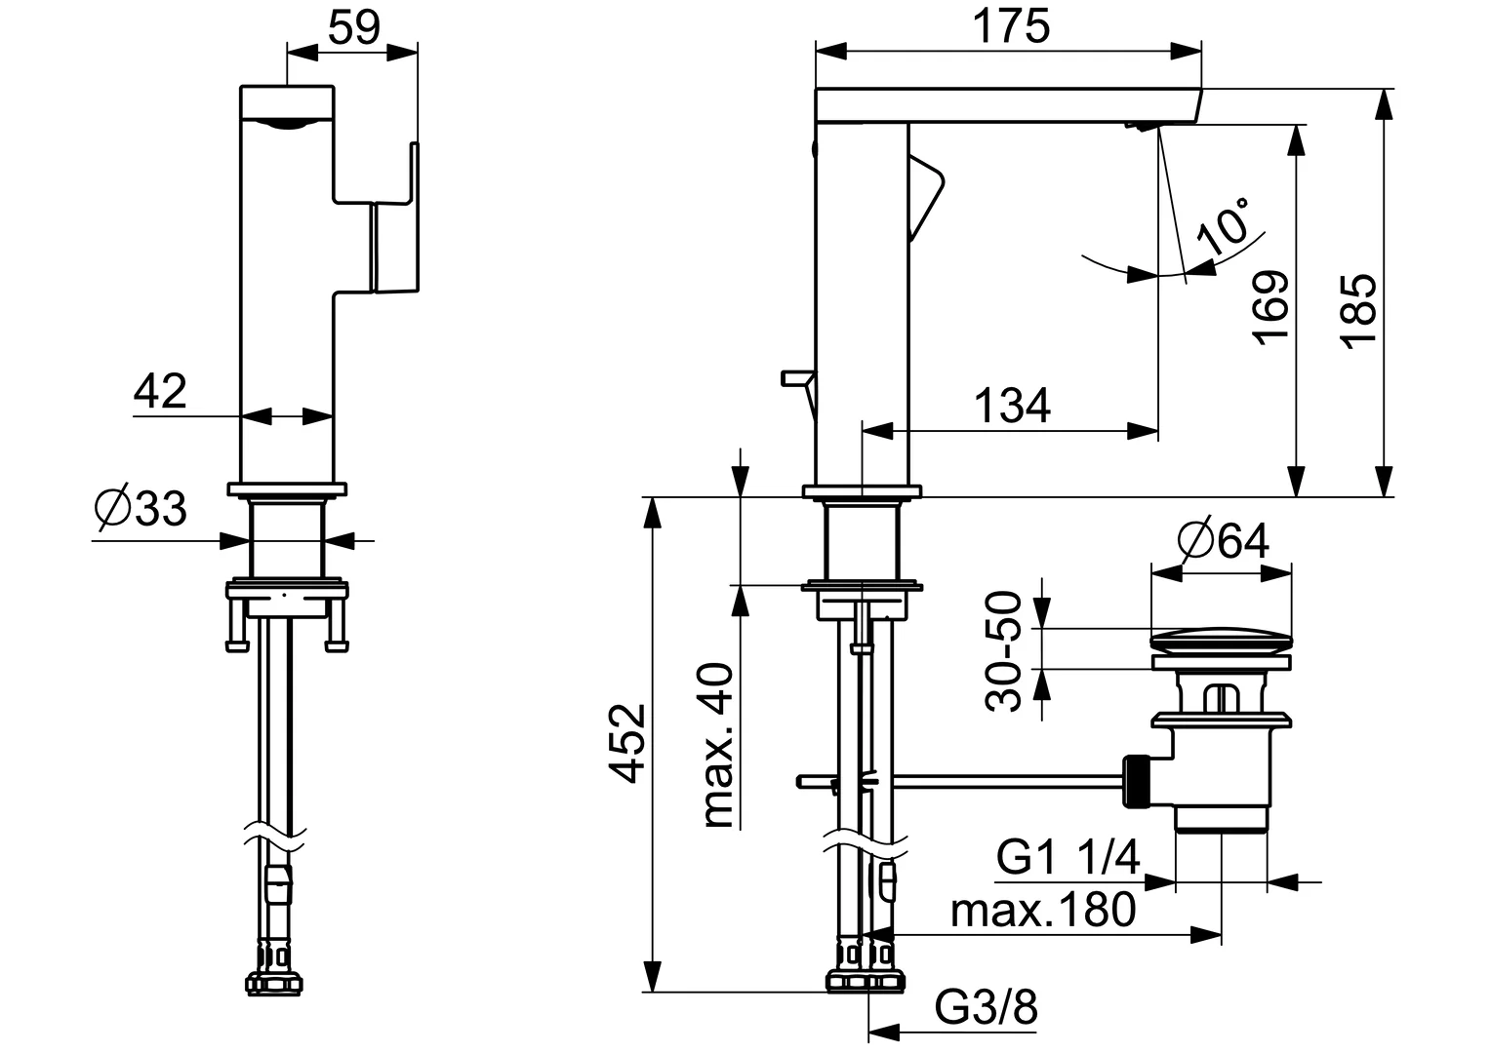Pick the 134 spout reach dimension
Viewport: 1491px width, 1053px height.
(1013, 406)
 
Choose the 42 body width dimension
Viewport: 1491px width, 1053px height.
(161, 392)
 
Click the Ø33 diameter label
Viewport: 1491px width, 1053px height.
(141, 508)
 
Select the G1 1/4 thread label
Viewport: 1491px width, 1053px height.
(1068, 859)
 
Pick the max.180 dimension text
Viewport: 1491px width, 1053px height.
(1043, 911)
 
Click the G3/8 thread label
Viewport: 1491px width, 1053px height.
(986, 1008)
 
